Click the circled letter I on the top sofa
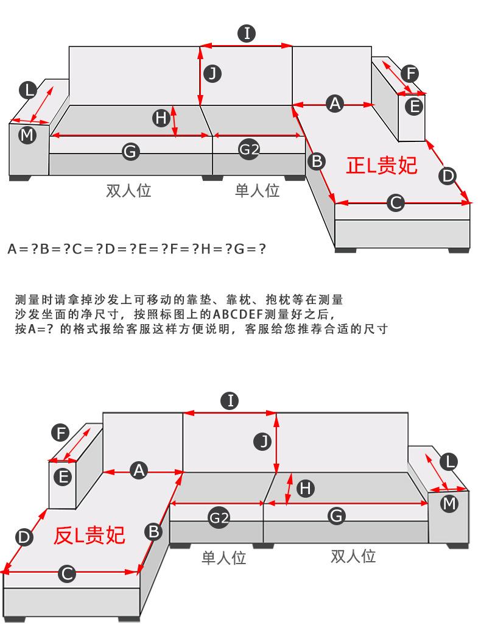(x=247, y=34)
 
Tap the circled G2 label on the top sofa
(x=248, y=150)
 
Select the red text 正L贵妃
(x=382, y=165)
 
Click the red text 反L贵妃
(x=90, y=535)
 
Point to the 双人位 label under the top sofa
(x=128, y=191)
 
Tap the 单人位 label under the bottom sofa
(x=223, y=557)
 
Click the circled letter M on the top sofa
(x=27, y=135)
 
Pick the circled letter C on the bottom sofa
(x=67, y=573)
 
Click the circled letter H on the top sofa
(x=161, y=118)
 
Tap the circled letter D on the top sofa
(x=448, y=176)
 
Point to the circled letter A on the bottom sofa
(x=139, y=470)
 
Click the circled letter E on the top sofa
(x=414, y=106)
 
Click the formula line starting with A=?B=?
(x=136, y=249)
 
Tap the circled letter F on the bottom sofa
(x=60, y=433)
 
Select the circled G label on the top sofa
(x=130, y=151)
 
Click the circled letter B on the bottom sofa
(x=154, y=532)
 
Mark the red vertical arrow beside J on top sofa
(x=200, y=76)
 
